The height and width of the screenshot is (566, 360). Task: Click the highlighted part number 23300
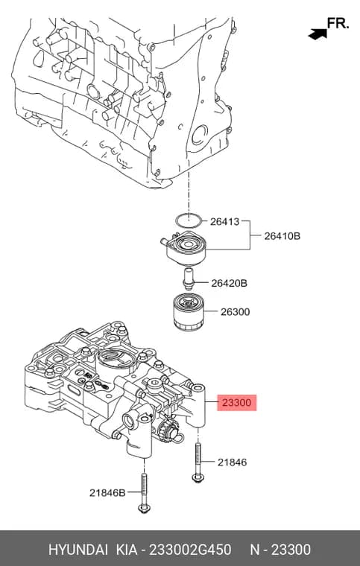pos(236,402)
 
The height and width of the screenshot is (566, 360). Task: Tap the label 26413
pos(224,222)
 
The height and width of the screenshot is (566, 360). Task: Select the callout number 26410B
pos(282,236)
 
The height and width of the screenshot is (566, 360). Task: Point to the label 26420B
pos(229,283)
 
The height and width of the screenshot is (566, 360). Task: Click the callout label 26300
pos(235,311)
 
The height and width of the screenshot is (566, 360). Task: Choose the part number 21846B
pos(107,492)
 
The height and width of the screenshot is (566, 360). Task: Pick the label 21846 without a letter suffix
pos(233,462)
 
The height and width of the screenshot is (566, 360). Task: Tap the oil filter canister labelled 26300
pos(187,311)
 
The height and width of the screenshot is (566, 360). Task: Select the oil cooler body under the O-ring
pos(184,248)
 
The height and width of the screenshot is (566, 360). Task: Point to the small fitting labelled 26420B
pos(188,279)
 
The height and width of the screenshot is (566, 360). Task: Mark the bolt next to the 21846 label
pos(198,462)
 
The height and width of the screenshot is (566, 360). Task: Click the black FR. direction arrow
pos(318,34)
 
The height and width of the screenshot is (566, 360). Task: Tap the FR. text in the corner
pos(338,24)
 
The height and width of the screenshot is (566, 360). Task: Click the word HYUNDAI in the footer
pos(78,550)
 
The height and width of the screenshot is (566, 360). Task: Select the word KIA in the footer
pos(127,550)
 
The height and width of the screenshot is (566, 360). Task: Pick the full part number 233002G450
pos(190,550)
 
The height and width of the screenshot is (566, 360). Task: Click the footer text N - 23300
pos(280,550)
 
